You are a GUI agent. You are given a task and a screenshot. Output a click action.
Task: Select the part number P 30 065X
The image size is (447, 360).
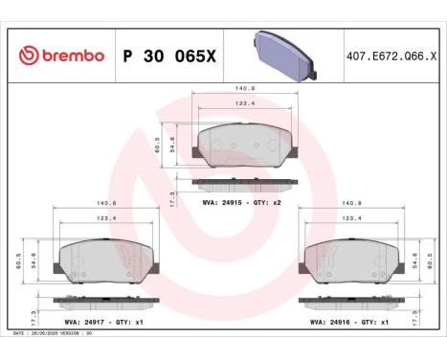(169, 56)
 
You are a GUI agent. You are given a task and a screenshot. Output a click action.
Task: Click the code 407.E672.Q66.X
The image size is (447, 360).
(392, 56)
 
